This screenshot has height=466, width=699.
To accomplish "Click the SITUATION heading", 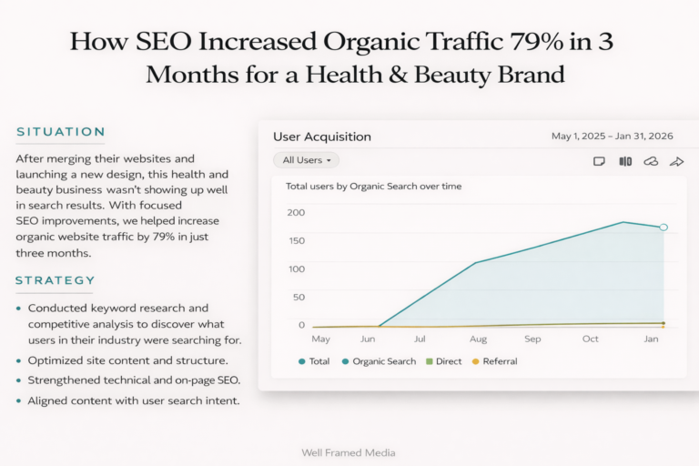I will tap(61, 132).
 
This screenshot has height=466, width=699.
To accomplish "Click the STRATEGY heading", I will tap(55, 280).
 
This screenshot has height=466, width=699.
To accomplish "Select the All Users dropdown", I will tap(306, 160).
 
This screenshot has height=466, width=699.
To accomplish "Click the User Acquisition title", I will tap(322, 137).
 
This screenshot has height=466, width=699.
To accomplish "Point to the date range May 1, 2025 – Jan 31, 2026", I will tap(612, 137).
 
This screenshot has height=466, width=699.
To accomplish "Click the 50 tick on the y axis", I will tap(299, 297).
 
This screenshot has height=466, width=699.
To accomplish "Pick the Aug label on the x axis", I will tap(478, 339).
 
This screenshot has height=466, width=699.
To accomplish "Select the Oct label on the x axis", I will tap(591, 339).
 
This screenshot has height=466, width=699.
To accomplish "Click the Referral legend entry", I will tap(499, 361).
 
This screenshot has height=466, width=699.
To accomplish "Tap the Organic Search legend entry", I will tap(383, 361).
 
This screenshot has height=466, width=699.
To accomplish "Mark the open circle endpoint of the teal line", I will tap(664, 227).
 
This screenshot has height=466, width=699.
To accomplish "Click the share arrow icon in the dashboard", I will tap(676, 161).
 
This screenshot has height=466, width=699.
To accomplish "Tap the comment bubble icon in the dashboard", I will tap(599, 161).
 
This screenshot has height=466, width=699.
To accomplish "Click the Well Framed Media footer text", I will tap(349, 452).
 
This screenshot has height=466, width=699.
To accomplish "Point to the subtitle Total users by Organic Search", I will tap(373, 186).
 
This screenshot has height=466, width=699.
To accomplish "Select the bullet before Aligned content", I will tap(19, 401).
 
